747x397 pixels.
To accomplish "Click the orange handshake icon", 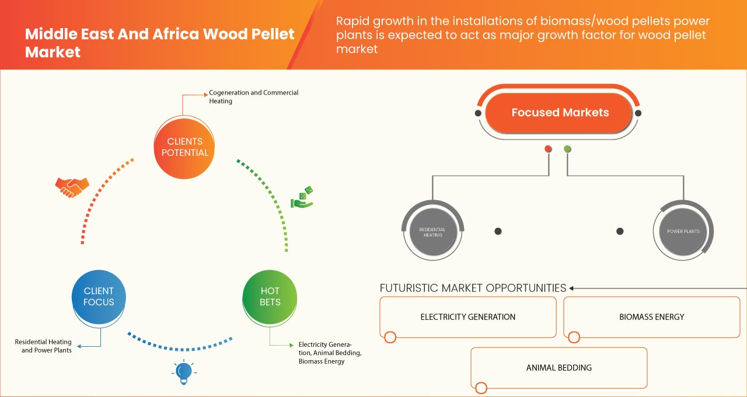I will pyautogui.click(x=72, y=187).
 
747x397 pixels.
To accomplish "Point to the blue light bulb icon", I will pyautogui.click(x=184, y=371).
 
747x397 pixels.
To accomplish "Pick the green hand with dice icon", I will pyautogui.click(x=302, y=198).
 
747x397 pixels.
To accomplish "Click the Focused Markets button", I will pyautogui.click(x=559, y=113).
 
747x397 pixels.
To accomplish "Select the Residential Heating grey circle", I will pyautogui.click(x=432, y=232).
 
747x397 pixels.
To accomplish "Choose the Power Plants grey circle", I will pyautogui.click(x=683, y=232).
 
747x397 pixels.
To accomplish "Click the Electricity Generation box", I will pyautogui.click(x=467, y=317).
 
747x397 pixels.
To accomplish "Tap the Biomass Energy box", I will pyautogui.click(x=651, y=317).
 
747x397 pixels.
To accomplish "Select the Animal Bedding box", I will pyautogui.click(x=558, y=368).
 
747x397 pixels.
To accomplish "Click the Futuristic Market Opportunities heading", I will pyautogui.click(x=473, y=288).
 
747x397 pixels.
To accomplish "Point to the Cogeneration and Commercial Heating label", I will pyautogui.click(x=253, y=97).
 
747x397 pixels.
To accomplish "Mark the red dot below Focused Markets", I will pyautogui.click(x=548, y=149).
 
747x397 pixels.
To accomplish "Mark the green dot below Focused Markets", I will pyautogui.click(x=567, y=149).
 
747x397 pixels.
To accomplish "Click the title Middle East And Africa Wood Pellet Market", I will pyautogui.click(x=159, y=43).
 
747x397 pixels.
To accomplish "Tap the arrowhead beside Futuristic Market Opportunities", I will pyautogui.click(x=572, y=288).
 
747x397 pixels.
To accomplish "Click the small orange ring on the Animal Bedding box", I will pyautogui.click(x=481, y=388).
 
